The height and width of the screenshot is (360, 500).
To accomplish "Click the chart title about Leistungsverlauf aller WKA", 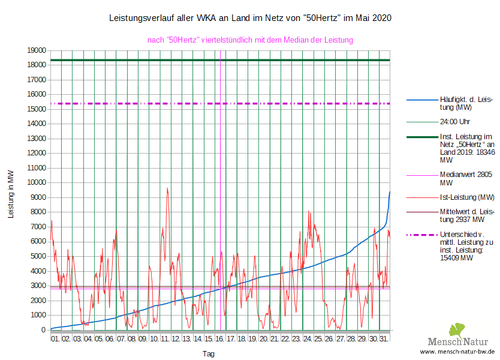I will tap(251, 18).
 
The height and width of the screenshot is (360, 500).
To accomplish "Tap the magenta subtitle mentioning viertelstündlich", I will tap(250, 40).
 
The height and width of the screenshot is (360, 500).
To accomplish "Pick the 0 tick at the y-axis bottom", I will tap(44, 330).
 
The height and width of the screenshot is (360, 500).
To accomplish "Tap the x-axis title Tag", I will tap(209, 354).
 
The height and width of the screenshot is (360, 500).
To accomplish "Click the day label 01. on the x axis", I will tap(55, 339).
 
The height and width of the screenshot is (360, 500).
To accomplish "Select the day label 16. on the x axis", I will tap(219, 339).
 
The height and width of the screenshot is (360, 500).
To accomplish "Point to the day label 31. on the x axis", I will tap(384, 339).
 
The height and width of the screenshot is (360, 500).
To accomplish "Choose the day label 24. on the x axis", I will tap(308, 339).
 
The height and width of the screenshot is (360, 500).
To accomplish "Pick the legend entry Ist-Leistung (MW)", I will tap(467, 197).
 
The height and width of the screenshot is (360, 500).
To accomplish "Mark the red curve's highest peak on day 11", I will tap(167, 188).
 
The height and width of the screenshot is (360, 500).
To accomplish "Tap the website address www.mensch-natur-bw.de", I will tap(457, 352).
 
